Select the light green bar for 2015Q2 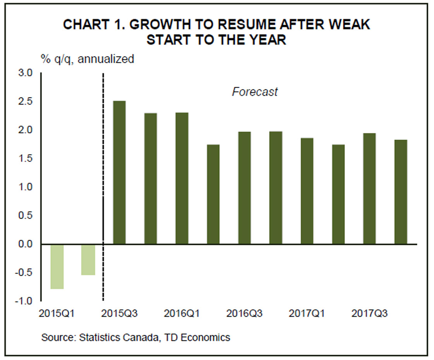(x=88, y=260)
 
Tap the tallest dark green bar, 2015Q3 (x=119, y=172)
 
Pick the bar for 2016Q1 (x=182, y=178)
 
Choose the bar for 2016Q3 (x=245, y=188)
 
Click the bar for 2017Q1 (x=307, y=191)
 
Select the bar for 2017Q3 (x=369, y=189)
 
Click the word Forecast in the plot (x=255, y=92)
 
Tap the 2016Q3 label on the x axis (x=245, y=313)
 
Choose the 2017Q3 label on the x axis (x=369, y=313)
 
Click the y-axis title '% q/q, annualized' (x=88, y=59)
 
